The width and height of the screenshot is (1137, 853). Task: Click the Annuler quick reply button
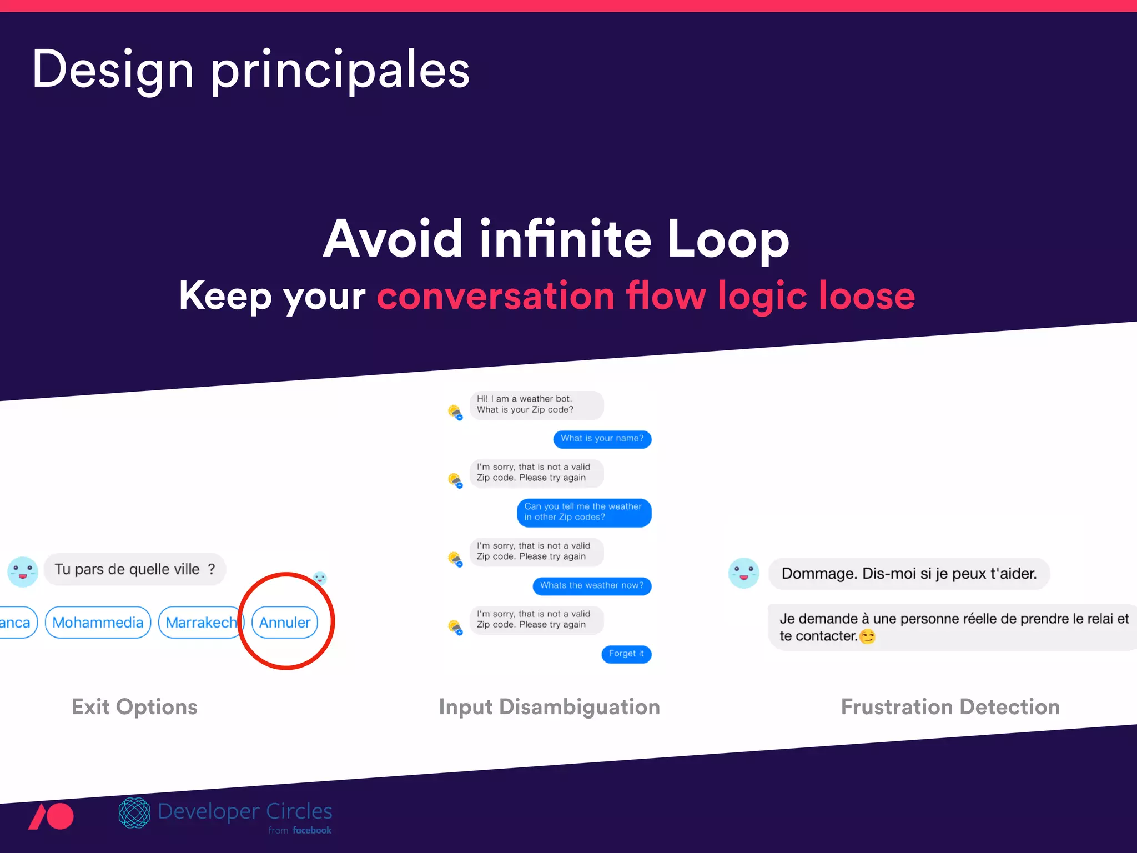click(285, 623)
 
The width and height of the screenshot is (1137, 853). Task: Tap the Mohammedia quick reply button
click(98, 623)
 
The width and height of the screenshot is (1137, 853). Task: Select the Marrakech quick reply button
click(200, 623)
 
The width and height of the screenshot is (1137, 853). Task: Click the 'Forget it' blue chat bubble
click(626, 654)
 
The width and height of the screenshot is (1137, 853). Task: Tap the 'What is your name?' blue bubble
click(602, 439)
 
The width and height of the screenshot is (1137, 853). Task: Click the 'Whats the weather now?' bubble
click(592, 586)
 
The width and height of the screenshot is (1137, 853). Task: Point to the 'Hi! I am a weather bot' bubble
click(536, 405)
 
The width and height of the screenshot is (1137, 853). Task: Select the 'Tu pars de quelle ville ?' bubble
click(135, 569)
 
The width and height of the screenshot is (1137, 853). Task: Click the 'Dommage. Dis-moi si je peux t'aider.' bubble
click(909, 574)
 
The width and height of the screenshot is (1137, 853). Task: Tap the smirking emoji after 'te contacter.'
click(867, 636)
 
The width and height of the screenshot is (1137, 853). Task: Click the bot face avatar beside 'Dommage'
click(743, 573)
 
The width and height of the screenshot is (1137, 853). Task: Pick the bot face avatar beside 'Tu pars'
click(23, 572)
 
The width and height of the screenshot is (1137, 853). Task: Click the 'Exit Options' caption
click(134, 707)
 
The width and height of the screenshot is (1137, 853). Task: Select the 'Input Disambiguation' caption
click(549, 707)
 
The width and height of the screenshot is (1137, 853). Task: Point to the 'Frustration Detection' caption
click(950, 707)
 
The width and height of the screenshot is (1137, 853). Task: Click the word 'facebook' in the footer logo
click(312, 830)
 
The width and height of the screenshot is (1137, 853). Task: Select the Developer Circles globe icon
click(134, 813)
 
